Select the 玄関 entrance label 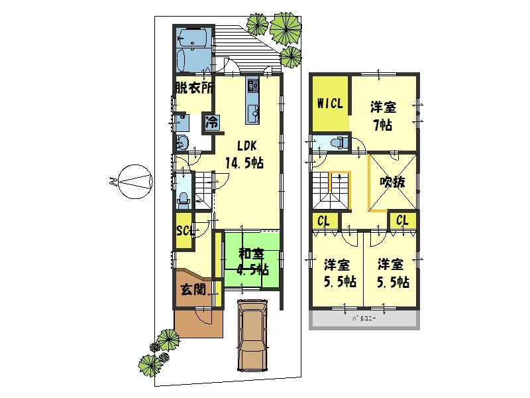pyautogui.click(x=192, y=289)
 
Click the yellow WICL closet pyautogui.click(x=329, y=104)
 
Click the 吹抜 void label pyautogui.click(x=392, y=182)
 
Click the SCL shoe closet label pyautogui.click(x=184, y=230)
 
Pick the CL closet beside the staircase pyautogui.click(x=324, y=222)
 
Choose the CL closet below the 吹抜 pyautogui.click(x=402, y=220)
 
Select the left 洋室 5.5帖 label pyautogui.click(x=337, y=272)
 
